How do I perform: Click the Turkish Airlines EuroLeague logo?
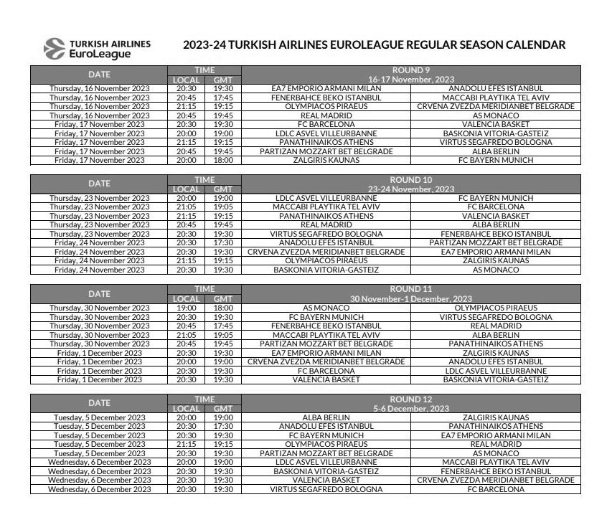point(98,48)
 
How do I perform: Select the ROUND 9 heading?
point(410,70)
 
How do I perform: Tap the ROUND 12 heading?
point(410,399)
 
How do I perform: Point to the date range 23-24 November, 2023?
point(410,189)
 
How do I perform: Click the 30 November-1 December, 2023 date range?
point(410,299)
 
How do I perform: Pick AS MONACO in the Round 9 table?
point(496,115)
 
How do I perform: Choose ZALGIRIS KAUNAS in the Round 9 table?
point(326,161)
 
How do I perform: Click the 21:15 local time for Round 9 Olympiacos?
point(186,106)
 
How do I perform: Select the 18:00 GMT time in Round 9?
point(223,161)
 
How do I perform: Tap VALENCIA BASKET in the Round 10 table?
point(496,216)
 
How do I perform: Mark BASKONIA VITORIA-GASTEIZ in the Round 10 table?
point(326,270)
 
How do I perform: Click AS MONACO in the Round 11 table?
point(326,308)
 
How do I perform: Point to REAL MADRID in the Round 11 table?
point(496,326)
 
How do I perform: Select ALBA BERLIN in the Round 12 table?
point(326,417)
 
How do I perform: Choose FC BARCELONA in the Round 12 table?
point(496,490)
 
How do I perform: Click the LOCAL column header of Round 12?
point(186,409)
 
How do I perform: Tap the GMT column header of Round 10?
point(223,189)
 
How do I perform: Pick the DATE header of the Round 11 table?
point(99,294)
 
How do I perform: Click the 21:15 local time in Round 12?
point(186,445)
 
